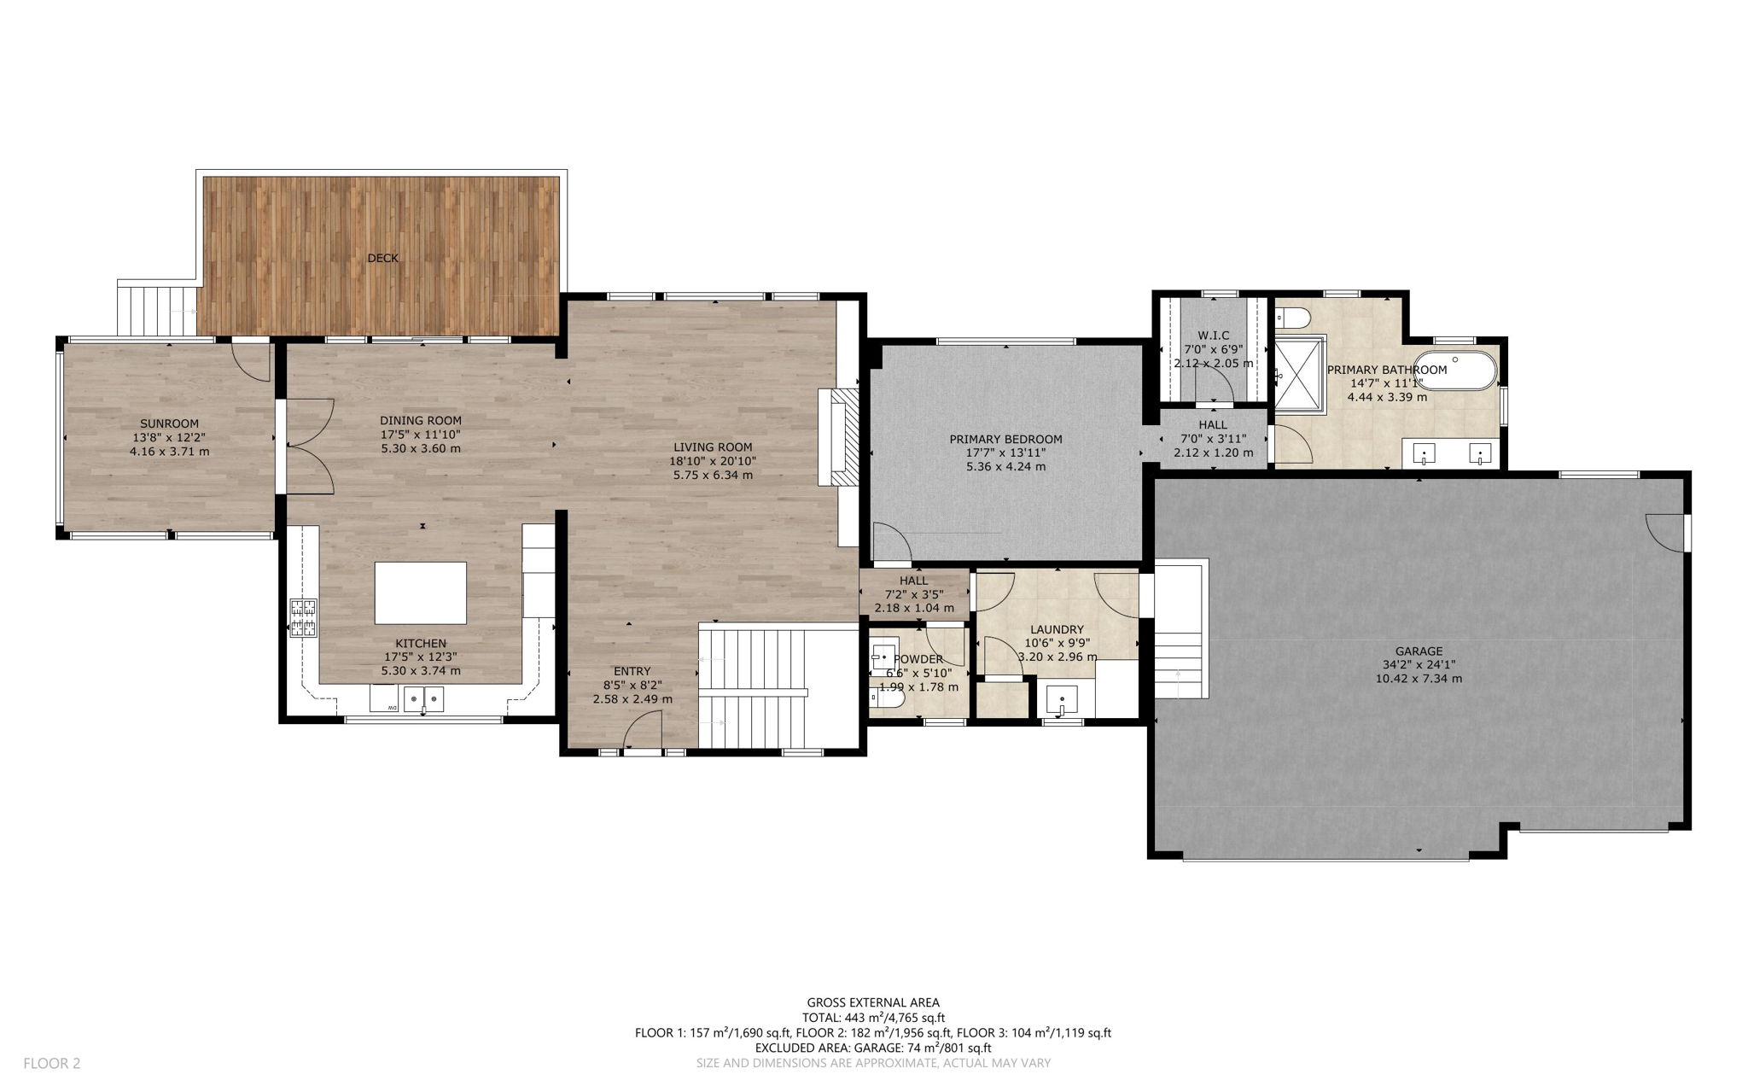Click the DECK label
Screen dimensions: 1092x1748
coord(382,258)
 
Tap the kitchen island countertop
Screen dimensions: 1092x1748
coord(421,593)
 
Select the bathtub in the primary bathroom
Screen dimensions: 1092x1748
coord(1455,370)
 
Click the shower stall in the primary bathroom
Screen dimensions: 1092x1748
coord(1298,375)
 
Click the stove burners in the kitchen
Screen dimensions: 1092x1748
coord(304,618)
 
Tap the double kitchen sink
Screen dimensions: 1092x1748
coord(424,700)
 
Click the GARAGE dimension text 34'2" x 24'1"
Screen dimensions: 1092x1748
coord(1419,664)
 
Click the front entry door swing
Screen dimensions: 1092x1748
coord(643,733)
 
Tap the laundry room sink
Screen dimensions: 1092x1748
coord(1061,701)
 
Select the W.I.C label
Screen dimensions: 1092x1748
coord(1213,335)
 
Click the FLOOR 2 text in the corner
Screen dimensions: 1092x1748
coord(51,1063)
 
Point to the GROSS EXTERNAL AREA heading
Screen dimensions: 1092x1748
coord(873,1002)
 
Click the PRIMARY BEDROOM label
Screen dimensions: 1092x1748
coord(1005,440)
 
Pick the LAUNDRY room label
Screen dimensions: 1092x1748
coord(1058,629)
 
